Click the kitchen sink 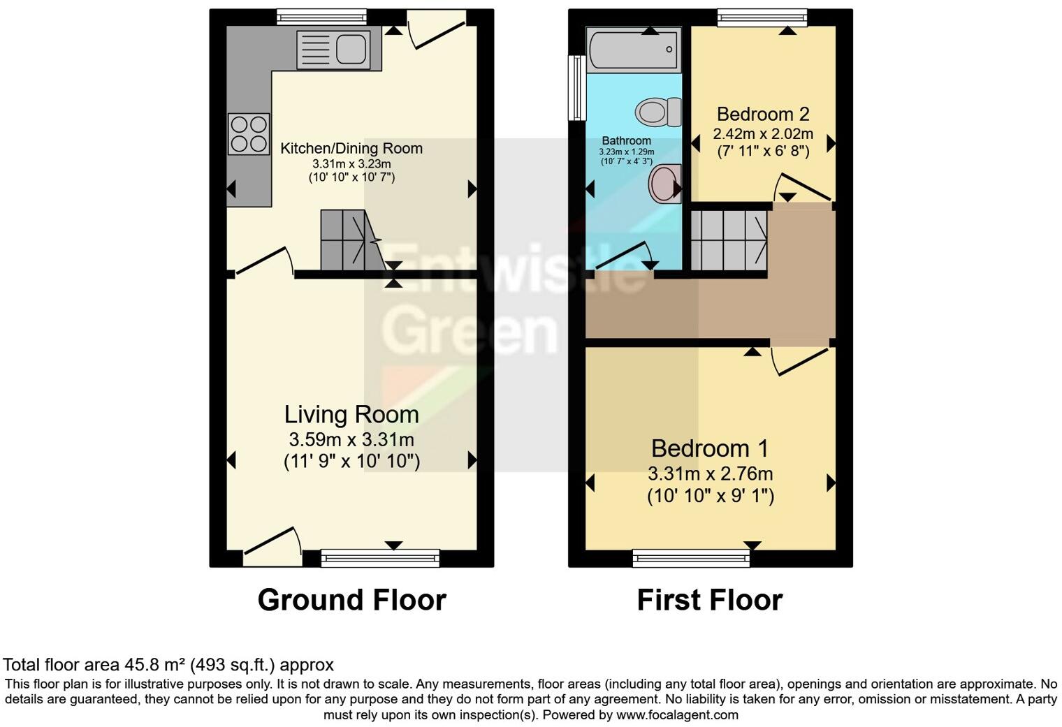339,50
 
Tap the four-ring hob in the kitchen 249,133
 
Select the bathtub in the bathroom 633,50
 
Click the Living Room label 351,414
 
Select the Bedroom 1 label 710,448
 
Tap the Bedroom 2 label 763,114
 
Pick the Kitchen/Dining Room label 351,148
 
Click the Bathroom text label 626,140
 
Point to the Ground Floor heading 351,600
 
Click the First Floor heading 709,600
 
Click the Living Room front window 380,557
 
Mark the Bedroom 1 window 691,557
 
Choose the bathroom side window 576,88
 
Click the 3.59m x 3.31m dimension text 351,440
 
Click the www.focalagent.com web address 677,715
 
